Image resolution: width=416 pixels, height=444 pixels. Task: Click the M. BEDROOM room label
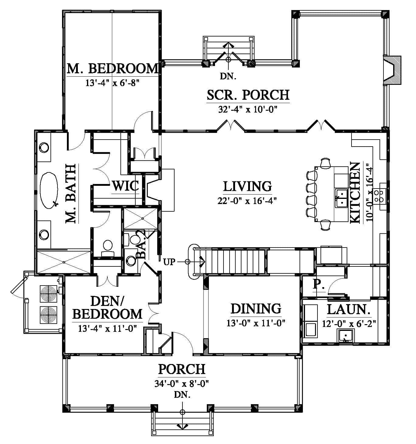[113, 68]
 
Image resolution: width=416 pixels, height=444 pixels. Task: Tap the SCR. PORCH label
[248, 95]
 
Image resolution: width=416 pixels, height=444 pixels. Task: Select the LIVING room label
[248, 186]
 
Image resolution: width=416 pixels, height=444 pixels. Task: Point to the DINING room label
[256, 309]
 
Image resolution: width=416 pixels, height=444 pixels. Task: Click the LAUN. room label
[348, 309]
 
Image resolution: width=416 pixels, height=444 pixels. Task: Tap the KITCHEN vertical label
[355, 193]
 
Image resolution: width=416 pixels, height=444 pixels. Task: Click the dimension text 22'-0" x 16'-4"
[247, 201]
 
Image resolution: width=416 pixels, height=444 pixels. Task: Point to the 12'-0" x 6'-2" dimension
[349, 324]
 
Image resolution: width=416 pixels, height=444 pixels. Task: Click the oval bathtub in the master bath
[49, 190]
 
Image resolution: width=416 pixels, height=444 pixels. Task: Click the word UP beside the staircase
[169, 262]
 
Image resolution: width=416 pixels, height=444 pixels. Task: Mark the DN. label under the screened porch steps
[228, 76]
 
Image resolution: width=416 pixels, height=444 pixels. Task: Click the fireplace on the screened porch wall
[392, 70]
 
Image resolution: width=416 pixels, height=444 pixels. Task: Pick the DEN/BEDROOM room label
[107, 308]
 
